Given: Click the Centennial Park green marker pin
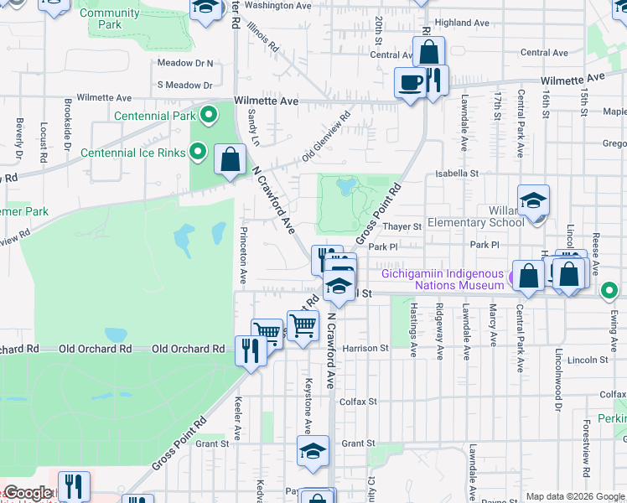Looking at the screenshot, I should coord(209,115).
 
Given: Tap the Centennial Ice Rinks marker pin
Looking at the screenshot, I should coord(197,152).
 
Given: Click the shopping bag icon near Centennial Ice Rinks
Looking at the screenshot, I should coord(230,158).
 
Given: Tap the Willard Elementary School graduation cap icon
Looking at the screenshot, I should coord(533,201).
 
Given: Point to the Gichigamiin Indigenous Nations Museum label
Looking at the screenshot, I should coord(443,279).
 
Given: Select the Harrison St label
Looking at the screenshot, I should coord(365,348).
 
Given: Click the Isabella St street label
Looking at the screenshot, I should coord(456,174).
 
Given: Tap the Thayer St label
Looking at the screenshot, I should coord(402,226).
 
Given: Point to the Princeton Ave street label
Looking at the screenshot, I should coord(244,253).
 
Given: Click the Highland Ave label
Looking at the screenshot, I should coord(462,23).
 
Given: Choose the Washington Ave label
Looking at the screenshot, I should coord(277,5).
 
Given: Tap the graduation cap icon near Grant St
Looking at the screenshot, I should coord(313,451).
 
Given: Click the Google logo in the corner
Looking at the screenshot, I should coord(28,493).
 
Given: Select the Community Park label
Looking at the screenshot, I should coord(109,18).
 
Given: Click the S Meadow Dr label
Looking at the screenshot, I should coord(184,85).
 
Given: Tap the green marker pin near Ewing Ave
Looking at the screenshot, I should coord(609,292).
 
